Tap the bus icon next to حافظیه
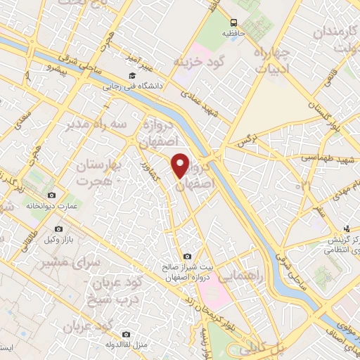(x=233, y=22)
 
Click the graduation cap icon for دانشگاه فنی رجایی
(x=130, y=76)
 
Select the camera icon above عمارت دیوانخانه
(x=51, y=195)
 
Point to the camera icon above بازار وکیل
(x=59, y=229)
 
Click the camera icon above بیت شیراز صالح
(x=186, y=257)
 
